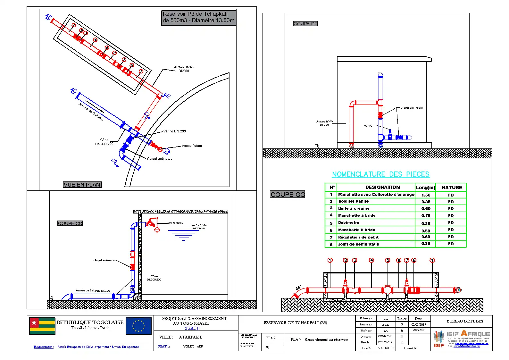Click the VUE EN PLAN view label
click(82, 185)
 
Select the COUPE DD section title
click(305, 24)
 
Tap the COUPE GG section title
click(288, 195)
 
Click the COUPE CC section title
click(70, 223)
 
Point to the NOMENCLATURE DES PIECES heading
click(380, 174)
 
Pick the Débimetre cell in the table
click(349, 222)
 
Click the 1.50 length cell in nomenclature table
click(426, 195)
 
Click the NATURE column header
click(452, 188)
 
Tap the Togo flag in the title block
click(42, 326)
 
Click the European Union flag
click(138, 326)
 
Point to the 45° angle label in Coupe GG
click(298, 288)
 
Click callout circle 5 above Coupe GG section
click(388, 260)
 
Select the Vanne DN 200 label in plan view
click(174, 131)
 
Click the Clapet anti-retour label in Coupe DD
click(412, 108)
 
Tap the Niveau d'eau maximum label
click(198, 227)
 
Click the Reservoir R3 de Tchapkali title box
click(198, 17)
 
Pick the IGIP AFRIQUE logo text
click(468, 334)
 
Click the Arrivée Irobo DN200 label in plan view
click(184, 69)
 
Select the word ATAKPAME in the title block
click(190, 337)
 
